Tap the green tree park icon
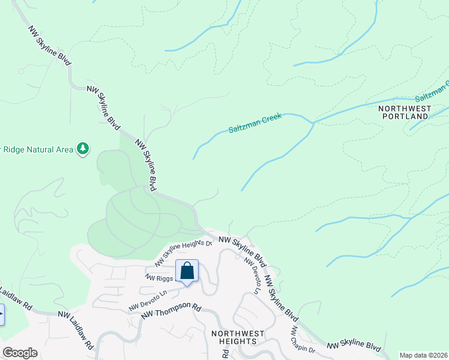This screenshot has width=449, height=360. click(83, 149)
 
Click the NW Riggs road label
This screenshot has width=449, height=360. click(159, 277)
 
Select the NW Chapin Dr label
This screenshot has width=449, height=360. click(303, 340)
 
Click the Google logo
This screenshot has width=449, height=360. click(20, 353)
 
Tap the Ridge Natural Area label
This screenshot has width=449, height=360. click(36, 149)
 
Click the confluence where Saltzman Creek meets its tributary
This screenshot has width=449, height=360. click(313, 123)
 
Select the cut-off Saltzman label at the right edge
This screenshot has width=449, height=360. click(432, 92)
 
